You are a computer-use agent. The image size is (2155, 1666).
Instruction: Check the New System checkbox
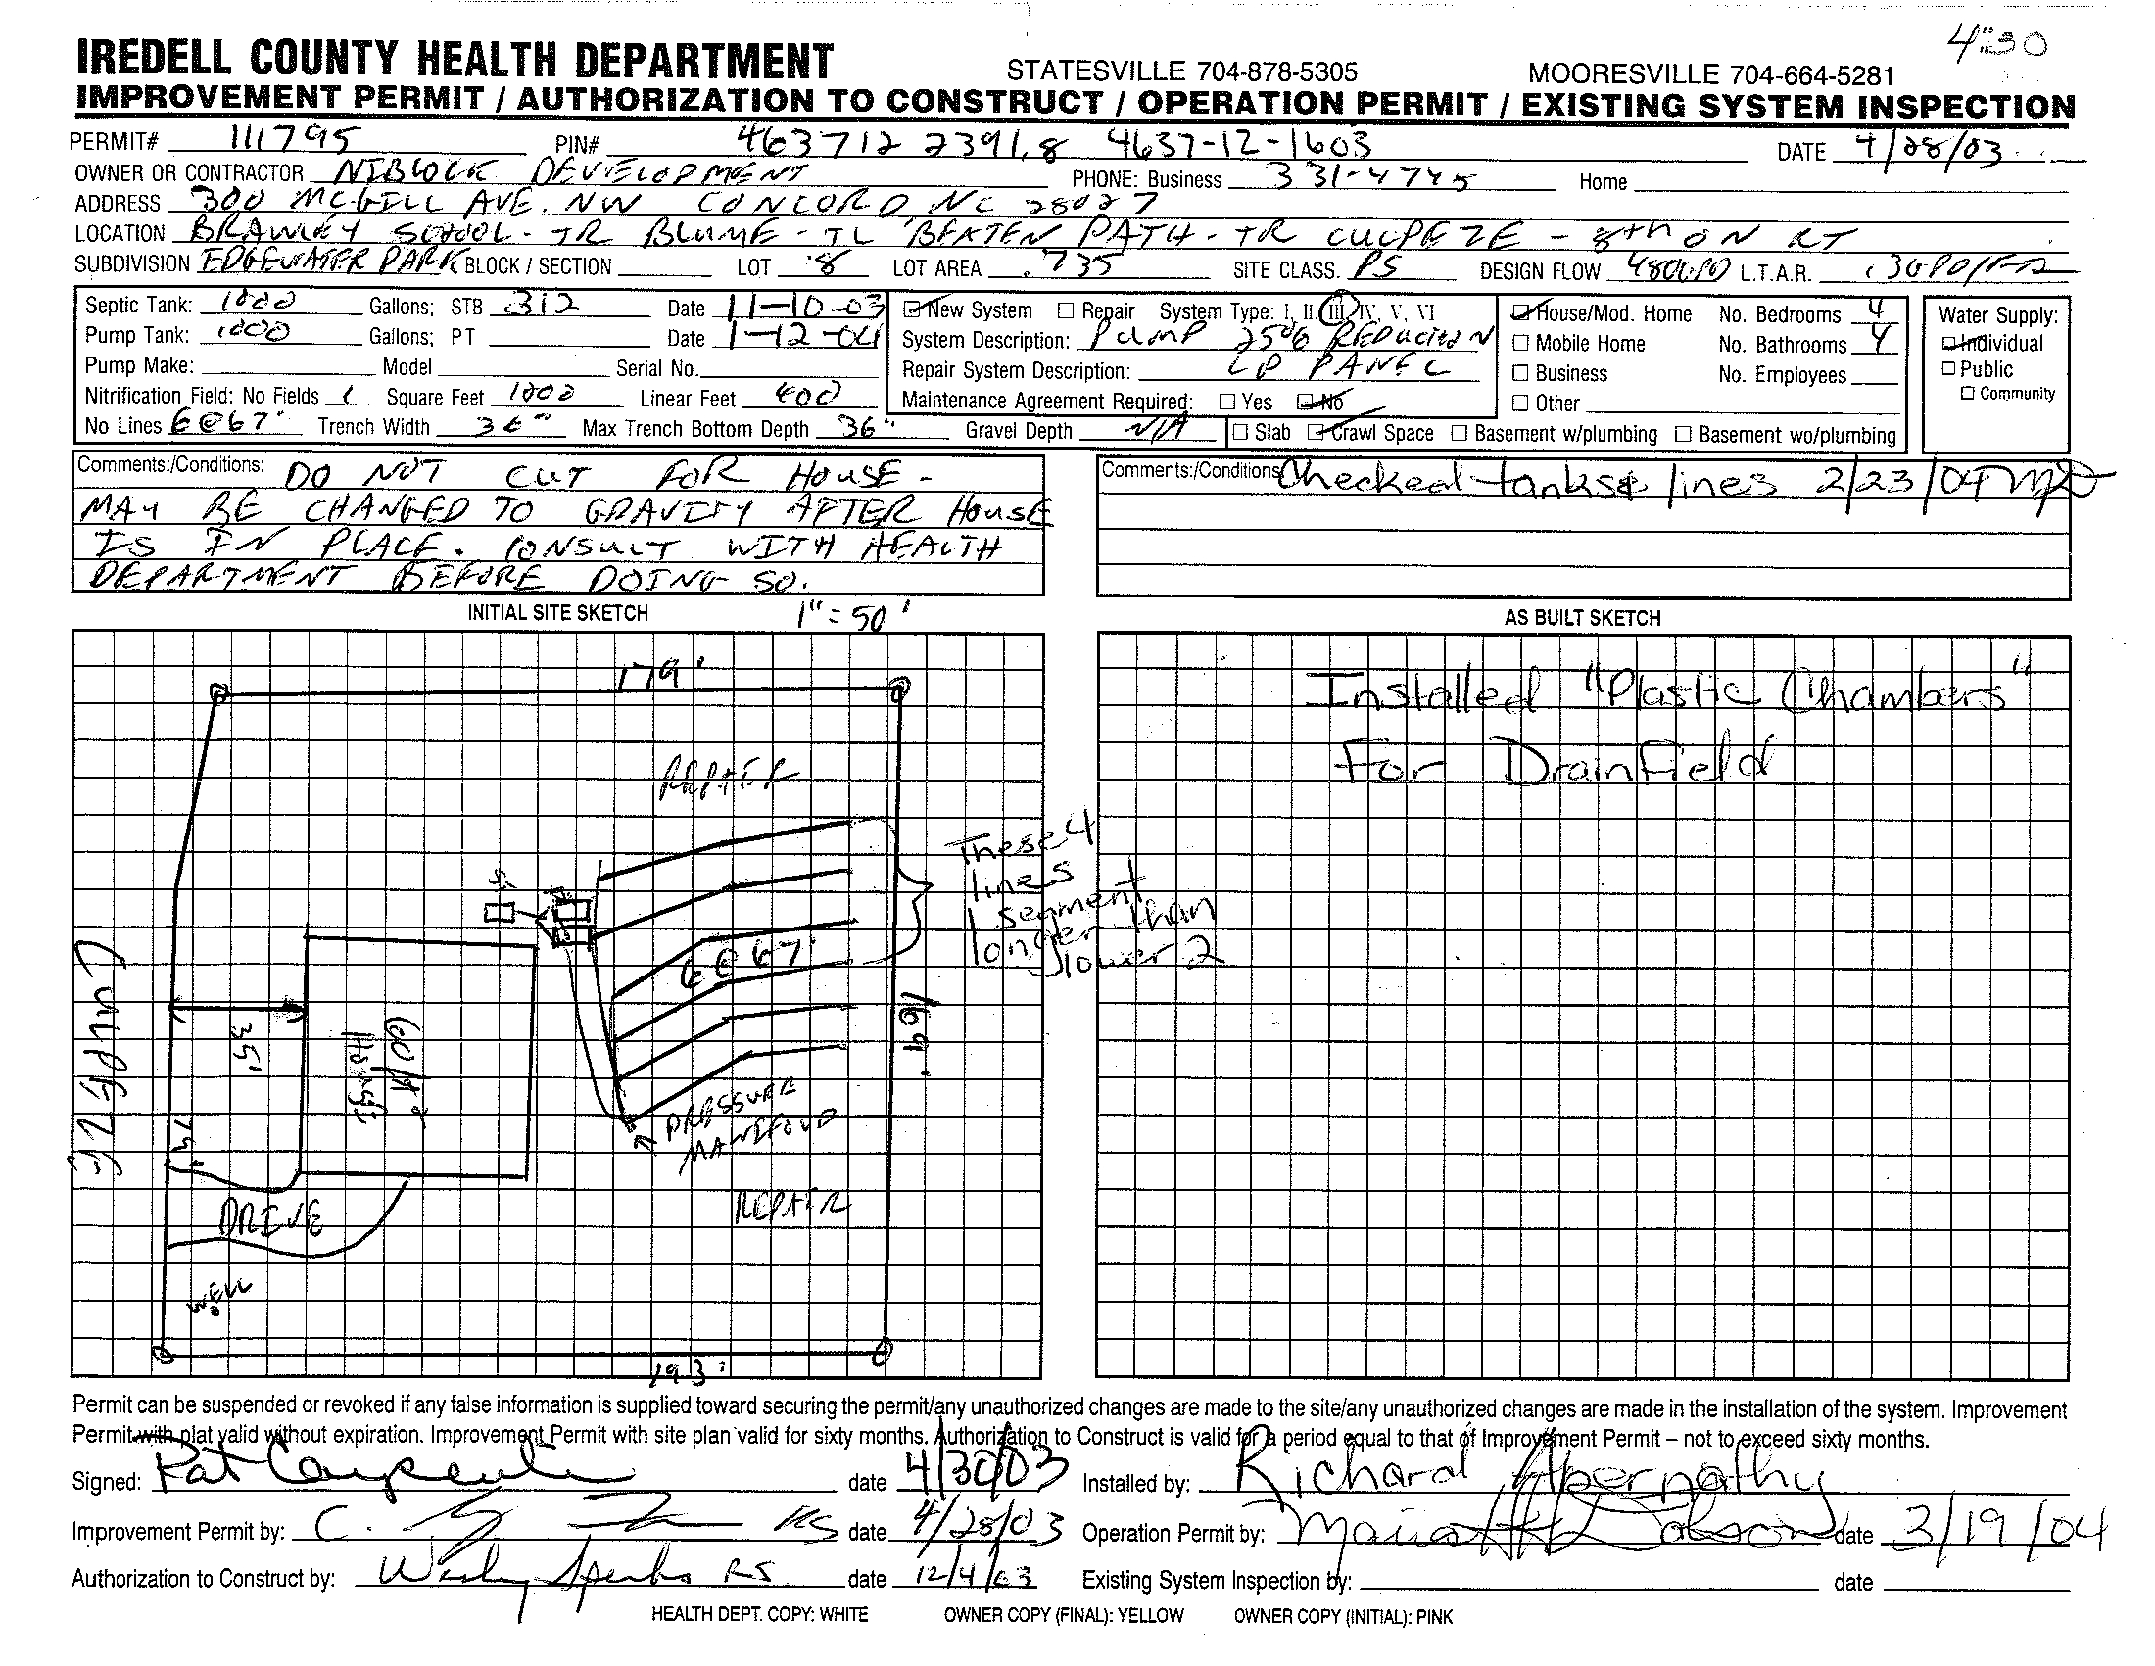tap(914, 309)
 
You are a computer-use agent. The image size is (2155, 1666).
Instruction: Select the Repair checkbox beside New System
tap(1066, 310)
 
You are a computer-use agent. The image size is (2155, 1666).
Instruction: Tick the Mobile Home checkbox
tap(1520, 343)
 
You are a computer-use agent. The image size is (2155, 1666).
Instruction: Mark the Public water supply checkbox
tap(1947, 369)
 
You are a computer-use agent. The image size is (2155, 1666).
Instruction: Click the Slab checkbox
tap(1240, 432)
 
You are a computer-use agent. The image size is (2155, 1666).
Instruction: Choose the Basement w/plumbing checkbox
tap(1460, 433)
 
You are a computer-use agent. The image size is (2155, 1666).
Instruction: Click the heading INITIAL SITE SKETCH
tap(557, 613)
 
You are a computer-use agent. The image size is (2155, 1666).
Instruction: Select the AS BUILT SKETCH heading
tap(1582, 618)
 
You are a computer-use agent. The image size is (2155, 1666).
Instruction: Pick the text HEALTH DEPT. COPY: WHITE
tap(759, 1615)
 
